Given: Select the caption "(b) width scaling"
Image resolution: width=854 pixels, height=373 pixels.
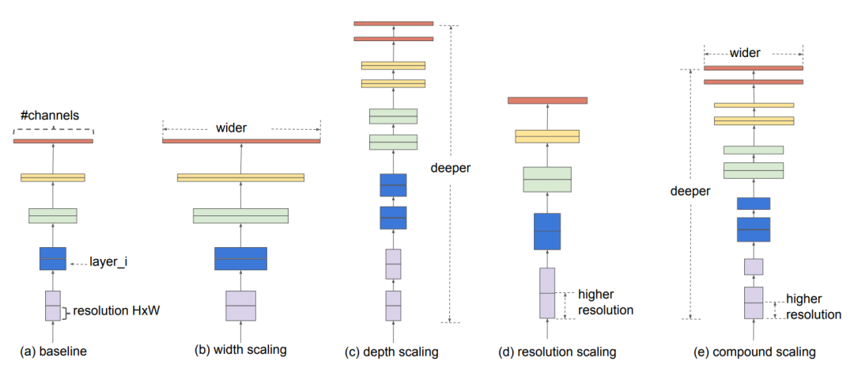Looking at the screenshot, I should pyautogui.click(x=241, y=350).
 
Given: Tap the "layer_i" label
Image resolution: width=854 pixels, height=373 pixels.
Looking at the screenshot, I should pyautogui.click(x=108, y=261).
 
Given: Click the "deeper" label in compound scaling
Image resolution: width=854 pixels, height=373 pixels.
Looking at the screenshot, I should pyautogui.click(x=690, y=191).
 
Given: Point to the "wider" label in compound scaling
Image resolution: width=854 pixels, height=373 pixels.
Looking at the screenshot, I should pyautogui.click(x=745, y=53).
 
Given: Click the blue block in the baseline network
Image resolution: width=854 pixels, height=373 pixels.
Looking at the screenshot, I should pyautogui.click(x=53, y=259).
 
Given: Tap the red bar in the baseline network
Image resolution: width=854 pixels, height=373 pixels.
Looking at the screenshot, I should pyautogui.click(x=53, y=141).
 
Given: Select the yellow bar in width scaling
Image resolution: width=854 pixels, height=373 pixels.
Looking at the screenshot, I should pyautogui.click(x=240, y=177).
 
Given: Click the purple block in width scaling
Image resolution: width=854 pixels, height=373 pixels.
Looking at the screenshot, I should pyautogui.click(x=240, y=306).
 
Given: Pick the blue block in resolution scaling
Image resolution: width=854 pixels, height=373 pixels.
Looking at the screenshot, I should pyautogui.click(x=547, y=231).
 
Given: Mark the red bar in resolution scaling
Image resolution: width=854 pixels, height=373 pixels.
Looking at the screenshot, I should pyautogui.click(x=547, y=100).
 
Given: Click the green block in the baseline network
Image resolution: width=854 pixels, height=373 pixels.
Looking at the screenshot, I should pyautogui.click(x=53, y=215).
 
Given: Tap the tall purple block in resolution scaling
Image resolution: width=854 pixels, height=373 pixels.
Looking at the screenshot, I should pyautogui.click(x=547, y=293).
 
